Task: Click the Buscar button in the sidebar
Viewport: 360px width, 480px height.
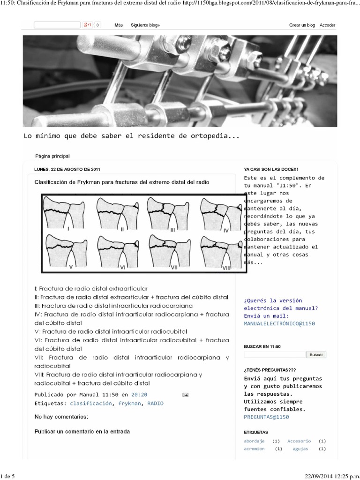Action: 316,355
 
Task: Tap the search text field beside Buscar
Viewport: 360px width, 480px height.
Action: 274,355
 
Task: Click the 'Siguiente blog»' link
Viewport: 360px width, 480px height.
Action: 145,25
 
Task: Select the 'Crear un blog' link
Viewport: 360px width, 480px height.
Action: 302,25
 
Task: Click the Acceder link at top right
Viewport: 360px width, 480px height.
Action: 327,25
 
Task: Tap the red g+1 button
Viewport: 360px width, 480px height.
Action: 87,25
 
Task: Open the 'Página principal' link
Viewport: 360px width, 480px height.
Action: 52,156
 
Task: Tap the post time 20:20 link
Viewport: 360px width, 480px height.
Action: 139,395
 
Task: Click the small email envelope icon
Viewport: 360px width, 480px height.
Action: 185,395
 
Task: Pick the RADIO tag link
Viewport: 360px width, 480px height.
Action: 155,403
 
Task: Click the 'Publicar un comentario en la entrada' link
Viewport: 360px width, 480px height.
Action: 82,431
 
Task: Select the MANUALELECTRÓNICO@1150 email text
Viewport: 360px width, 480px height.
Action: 279,323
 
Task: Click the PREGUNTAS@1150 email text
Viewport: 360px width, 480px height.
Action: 266,417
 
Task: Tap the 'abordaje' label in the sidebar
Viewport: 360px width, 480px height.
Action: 254,441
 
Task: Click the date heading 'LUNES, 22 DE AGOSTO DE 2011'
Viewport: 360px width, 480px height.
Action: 67,169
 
